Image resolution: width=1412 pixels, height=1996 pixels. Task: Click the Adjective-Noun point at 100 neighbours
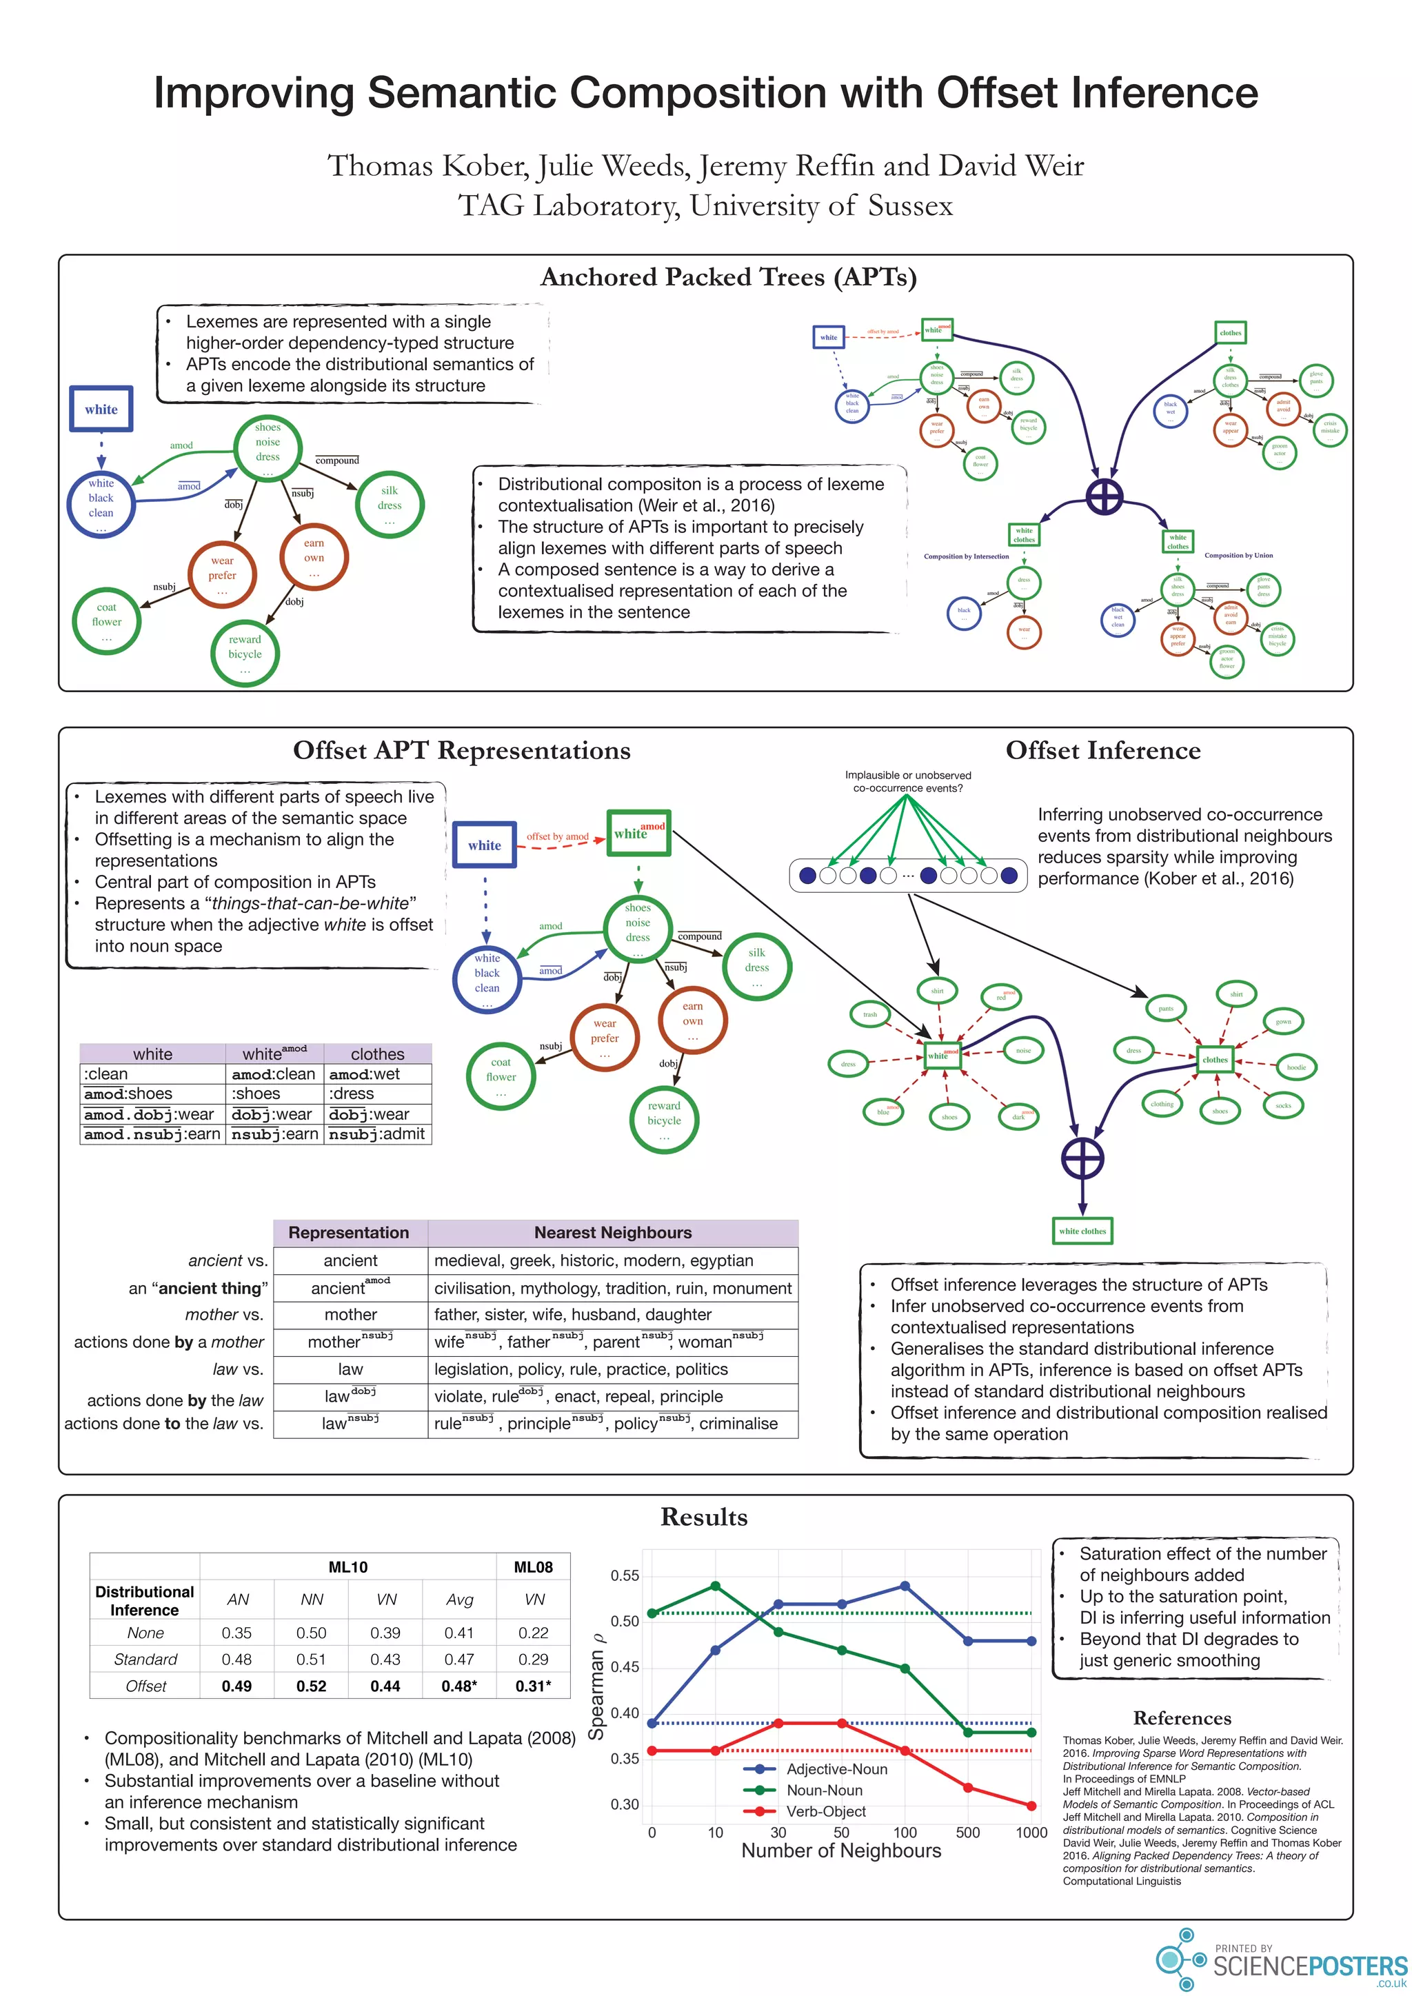pyautogui.click(x=905, y=1586)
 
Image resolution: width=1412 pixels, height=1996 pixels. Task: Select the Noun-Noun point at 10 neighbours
pyautogui.click(x=716, y=1586)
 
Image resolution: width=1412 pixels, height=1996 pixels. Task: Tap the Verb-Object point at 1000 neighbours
pyautogui.click(x=1031, y=1806)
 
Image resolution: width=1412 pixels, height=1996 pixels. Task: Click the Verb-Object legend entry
pyautogui.click(x=825, y=1811)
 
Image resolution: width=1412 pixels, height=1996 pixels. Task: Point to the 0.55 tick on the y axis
pyautogui.click(x=624, y=1575)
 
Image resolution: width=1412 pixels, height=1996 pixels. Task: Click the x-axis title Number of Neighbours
pyautogui.click(x=840, y=1851)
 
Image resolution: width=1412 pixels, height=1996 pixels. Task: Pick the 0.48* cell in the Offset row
pyautogui.click(x=459, y=1686)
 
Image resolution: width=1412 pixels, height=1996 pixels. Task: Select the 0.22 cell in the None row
pyautogui.click(x=533, y=1633)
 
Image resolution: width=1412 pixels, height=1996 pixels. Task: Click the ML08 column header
pyautogui.click(x=533, y=1567)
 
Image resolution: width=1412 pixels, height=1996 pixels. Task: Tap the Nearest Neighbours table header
pyautogui.click(x=613, y=1233)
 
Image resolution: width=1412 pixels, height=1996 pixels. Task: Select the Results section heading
pyautogui.click(x=704, y=1517)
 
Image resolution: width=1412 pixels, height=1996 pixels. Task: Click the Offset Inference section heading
pyautogui.click(x=1102, y=750)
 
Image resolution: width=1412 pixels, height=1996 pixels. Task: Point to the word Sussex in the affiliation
pyautogui.click(x=909, y=206)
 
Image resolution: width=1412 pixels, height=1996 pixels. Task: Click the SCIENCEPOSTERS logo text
pyautogui.click(x=1309, y=1966)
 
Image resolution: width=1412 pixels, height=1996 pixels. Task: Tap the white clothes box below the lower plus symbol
pyautogui.click(x=1082, y=1231)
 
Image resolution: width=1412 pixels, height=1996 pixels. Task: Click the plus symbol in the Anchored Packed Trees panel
pyautogui.click(x=1105, y=497)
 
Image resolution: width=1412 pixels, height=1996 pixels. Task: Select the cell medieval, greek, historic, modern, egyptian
pyautogui.click(x=594, y=1260)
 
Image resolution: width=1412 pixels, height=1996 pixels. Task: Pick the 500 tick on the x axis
pyautogui.click(x=968, y=1833)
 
